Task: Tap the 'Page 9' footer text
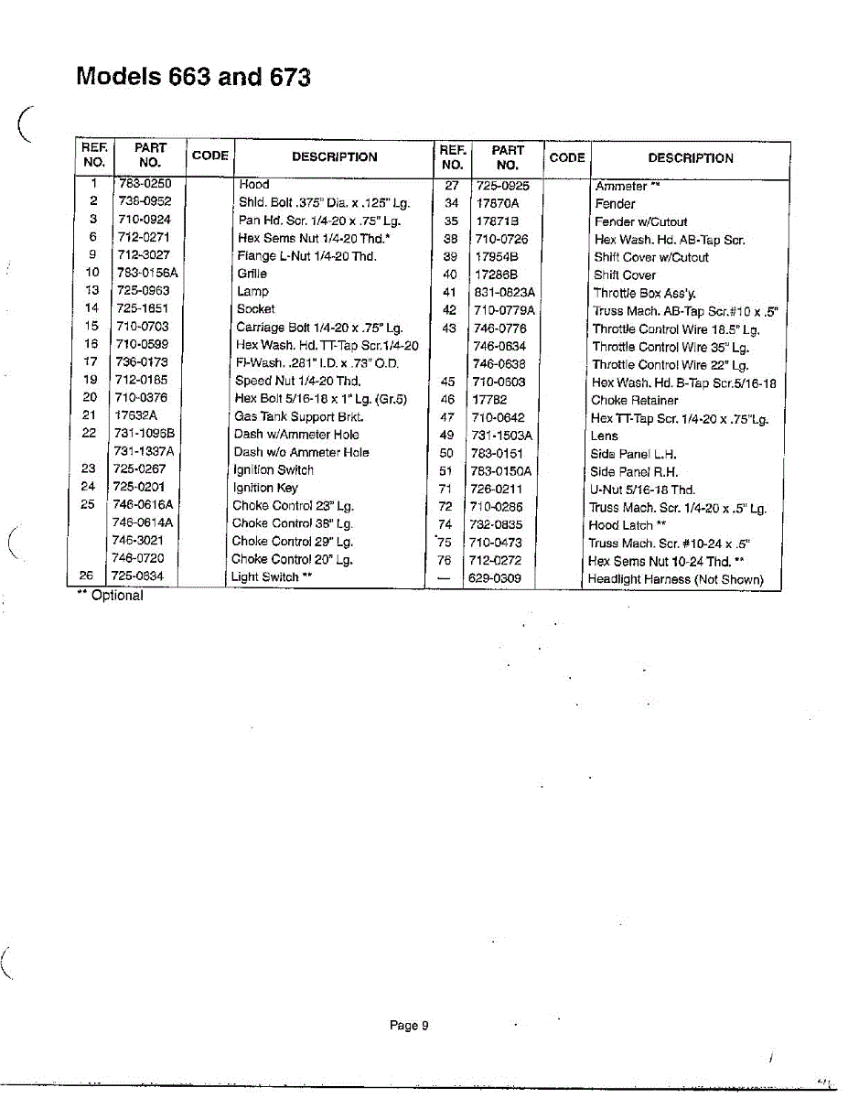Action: click(x=409, y=1026)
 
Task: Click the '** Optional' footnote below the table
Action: click(x=110, y=596)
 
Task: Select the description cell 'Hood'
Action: click(x=253, y=185)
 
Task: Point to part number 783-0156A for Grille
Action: click(x=146, y=273)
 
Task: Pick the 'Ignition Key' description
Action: click(x=265, y=488)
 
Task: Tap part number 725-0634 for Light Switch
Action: click(x=137, y=576)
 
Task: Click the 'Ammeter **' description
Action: click(x=628, y=186)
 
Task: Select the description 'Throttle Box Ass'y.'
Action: click(x=644, y=294)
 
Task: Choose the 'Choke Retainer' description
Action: click(x=635, y=400)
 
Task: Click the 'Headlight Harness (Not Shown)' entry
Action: click(x=675, y=579)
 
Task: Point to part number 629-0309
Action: click(x=495, y=579)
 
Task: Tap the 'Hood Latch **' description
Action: click(x=627, y=525)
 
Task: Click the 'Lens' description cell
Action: click(x=605, y=436)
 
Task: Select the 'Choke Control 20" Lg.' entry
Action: click(x=292, y=559)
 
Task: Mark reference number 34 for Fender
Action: click(x=451, y=203)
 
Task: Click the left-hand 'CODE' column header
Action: click(x=209, y=156)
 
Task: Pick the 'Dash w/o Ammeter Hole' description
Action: click(x=301, y=452)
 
